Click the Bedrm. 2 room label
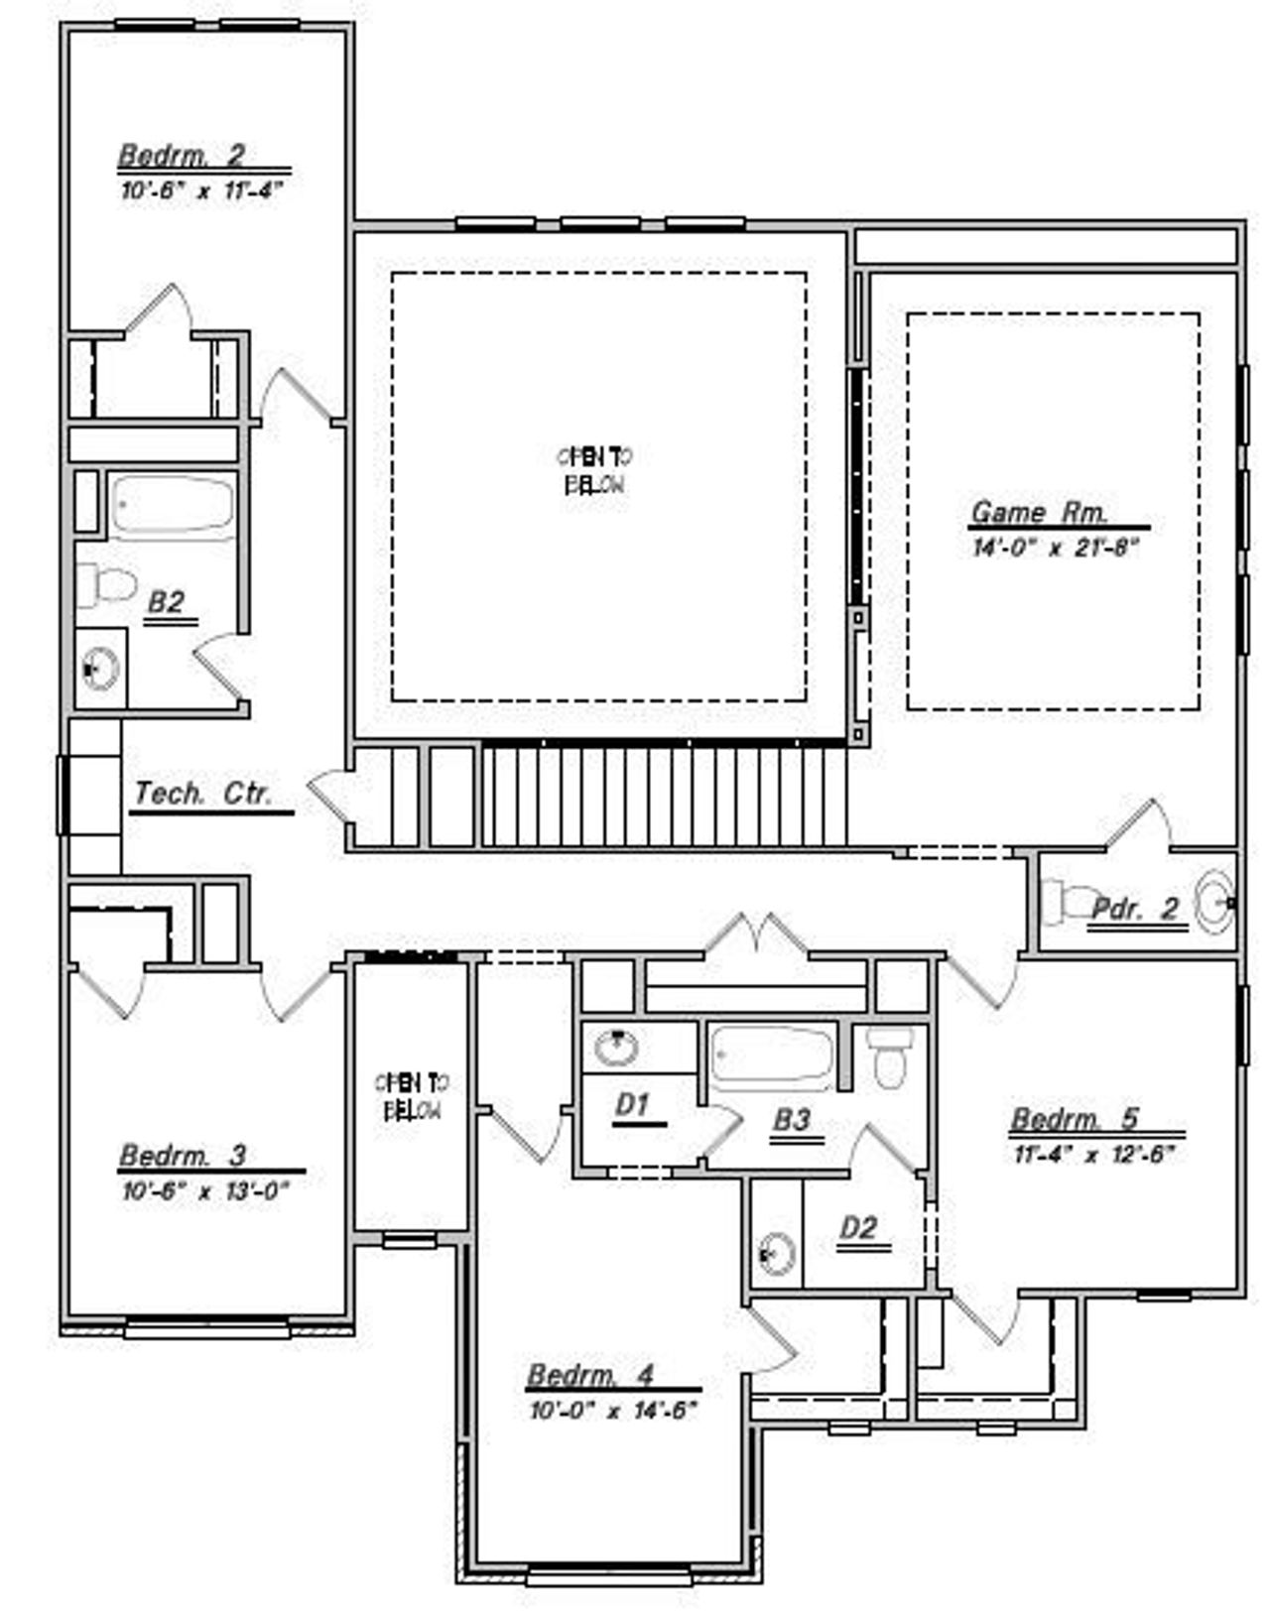click(182, 156)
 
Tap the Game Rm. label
click(1038, 512)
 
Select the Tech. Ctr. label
click(202, 794)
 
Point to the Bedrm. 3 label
click(183, 1156)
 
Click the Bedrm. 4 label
click(590, 1375)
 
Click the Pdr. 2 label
click(1135, 908)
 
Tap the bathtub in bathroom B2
click(172, 505)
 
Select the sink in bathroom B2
click(99, 669)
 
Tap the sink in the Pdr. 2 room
click(1213, 902)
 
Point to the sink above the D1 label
click(616, 1047)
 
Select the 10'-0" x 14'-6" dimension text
click(614, 1410)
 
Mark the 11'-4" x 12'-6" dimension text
click(1093, 1154)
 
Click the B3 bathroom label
click(792, 1120)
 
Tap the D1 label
click(632, 1104)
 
